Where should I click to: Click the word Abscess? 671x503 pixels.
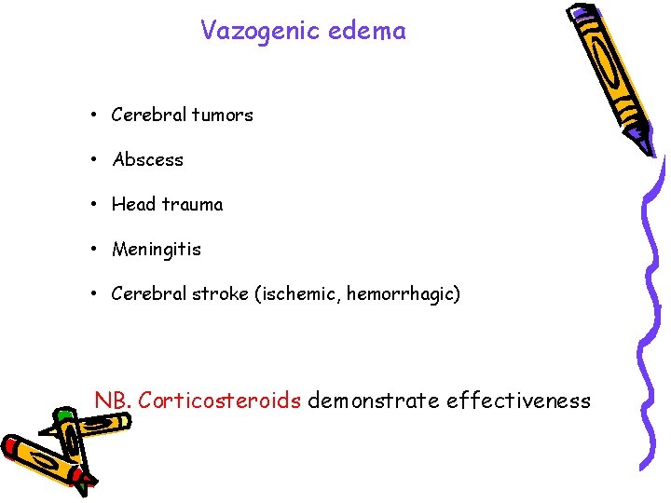(x=148, y=160)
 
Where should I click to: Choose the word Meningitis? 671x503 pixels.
(x=156, y=250)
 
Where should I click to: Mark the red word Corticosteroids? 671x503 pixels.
(x=219, y=401)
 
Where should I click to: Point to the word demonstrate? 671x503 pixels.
(x=374, y=401)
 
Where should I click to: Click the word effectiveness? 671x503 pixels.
(x=518, y=401)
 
